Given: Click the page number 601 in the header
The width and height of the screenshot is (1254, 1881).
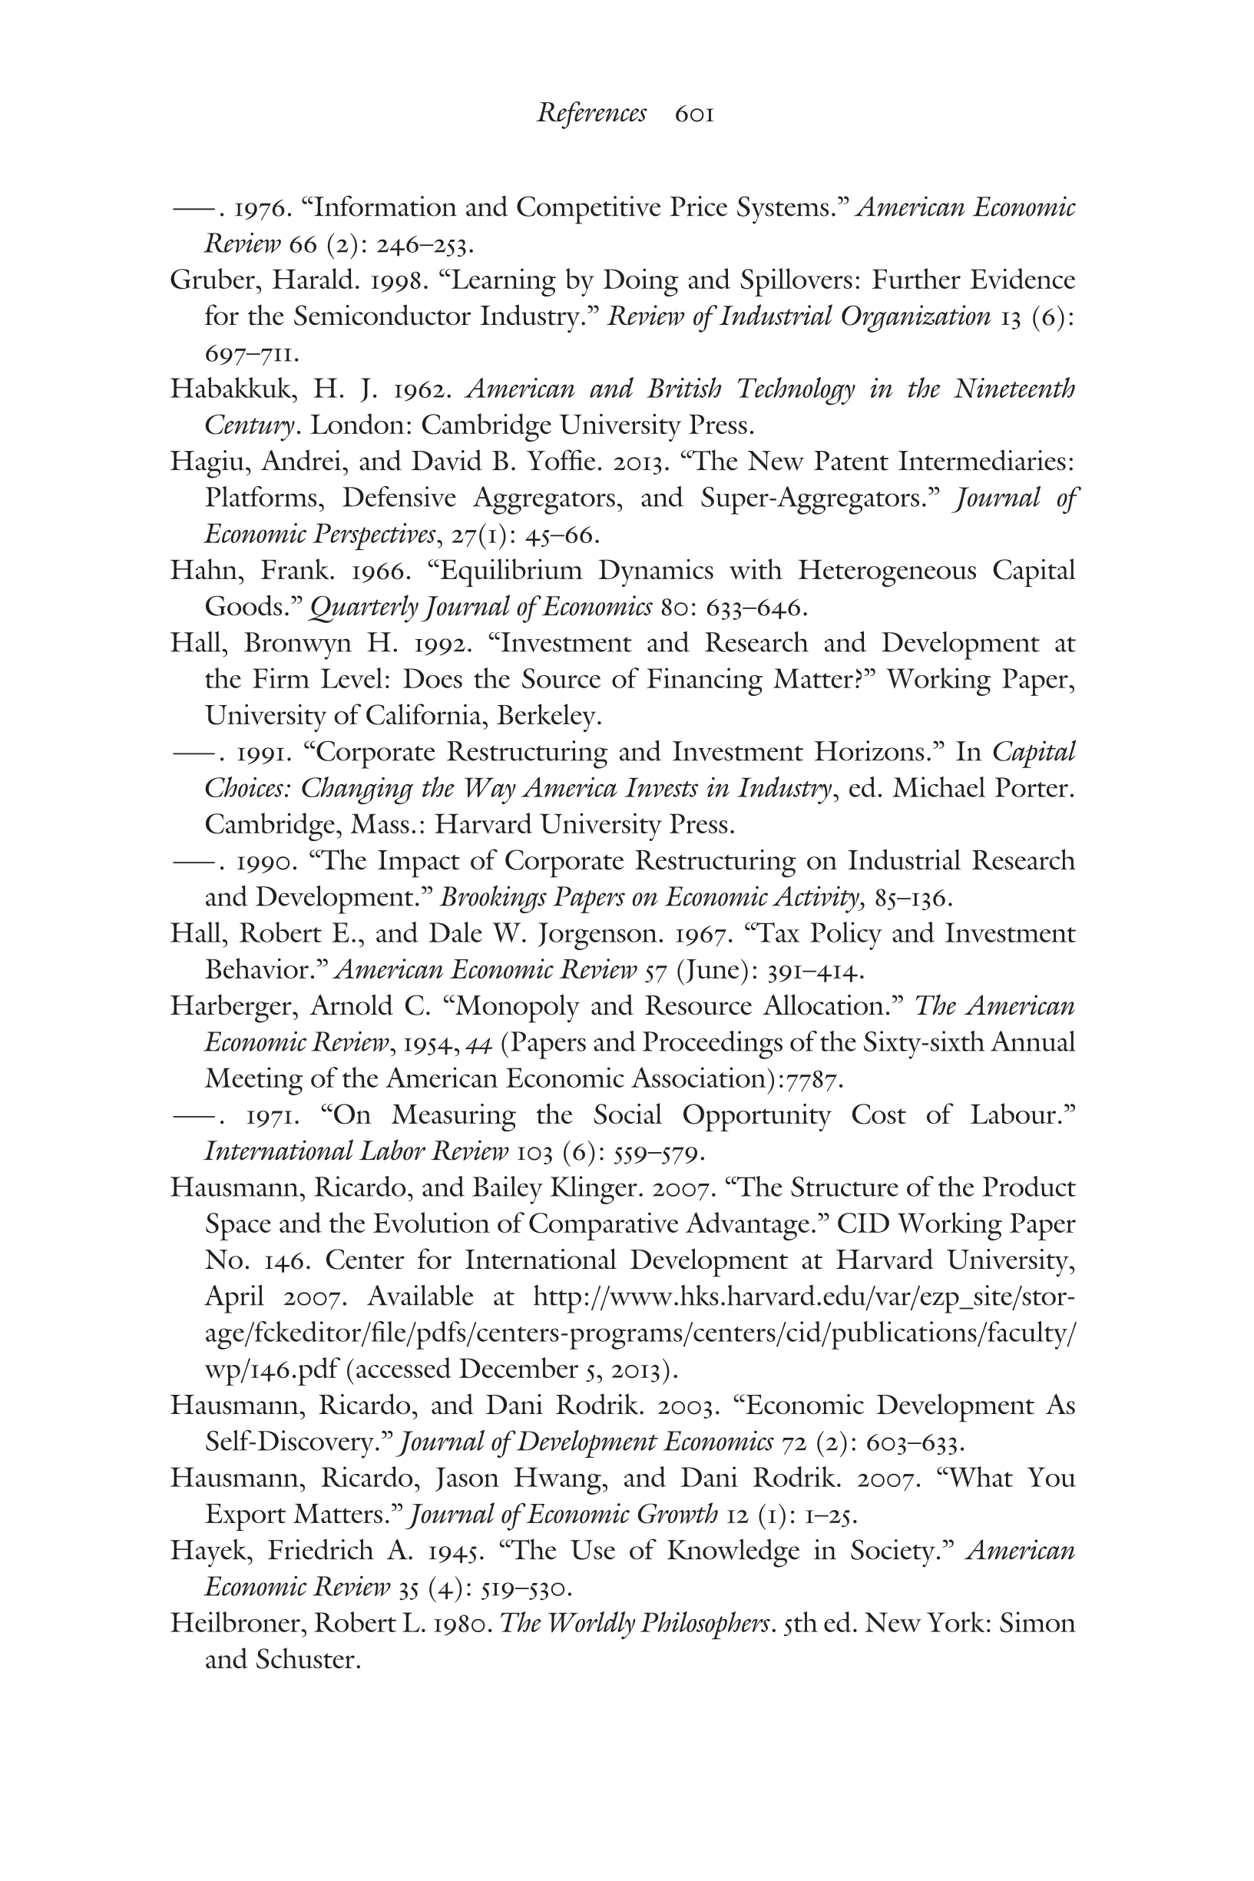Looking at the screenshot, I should pyautogui.click(x=694, y=114).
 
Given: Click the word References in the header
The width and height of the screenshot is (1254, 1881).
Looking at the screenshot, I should pyautogui.click(x=591, y=114).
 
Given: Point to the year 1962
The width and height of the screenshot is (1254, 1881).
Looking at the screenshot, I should pyautogui.click(x=424, y=389).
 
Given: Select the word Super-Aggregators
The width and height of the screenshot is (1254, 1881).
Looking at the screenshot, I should pyautogui.click(x=819, y=498).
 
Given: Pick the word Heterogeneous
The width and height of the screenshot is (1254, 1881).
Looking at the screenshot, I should pyautogui.click(x=886, y=571).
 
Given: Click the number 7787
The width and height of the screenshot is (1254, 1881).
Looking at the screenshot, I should pyautogui.click(x=813, y=1080).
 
